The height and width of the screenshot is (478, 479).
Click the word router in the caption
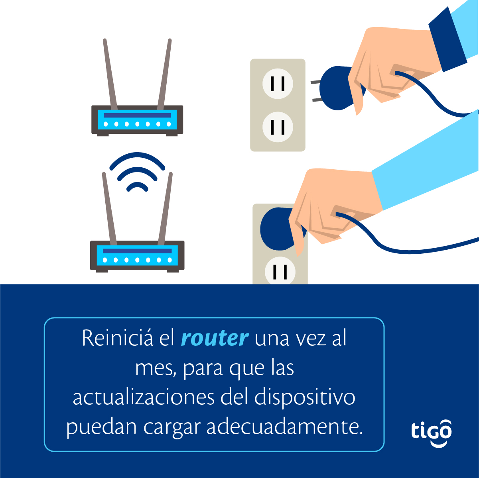(x=215, y=339)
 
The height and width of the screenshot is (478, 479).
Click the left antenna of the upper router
(x=110, y=74)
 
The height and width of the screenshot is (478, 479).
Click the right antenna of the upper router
(x=164, y=74)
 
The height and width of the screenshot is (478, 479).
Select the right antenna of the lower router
(x=165, y=209)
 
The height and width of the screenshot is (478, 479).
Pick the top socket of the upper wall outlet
(x=278, y=83)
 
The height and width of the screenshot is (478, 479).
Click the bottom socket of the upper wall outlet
(x=278, y=127)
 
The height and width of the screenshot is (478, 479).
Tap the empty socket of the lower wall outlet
(x=280, y=271)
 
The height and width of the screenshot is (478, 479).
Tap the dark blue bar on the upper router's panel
(x=137, y=115)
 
